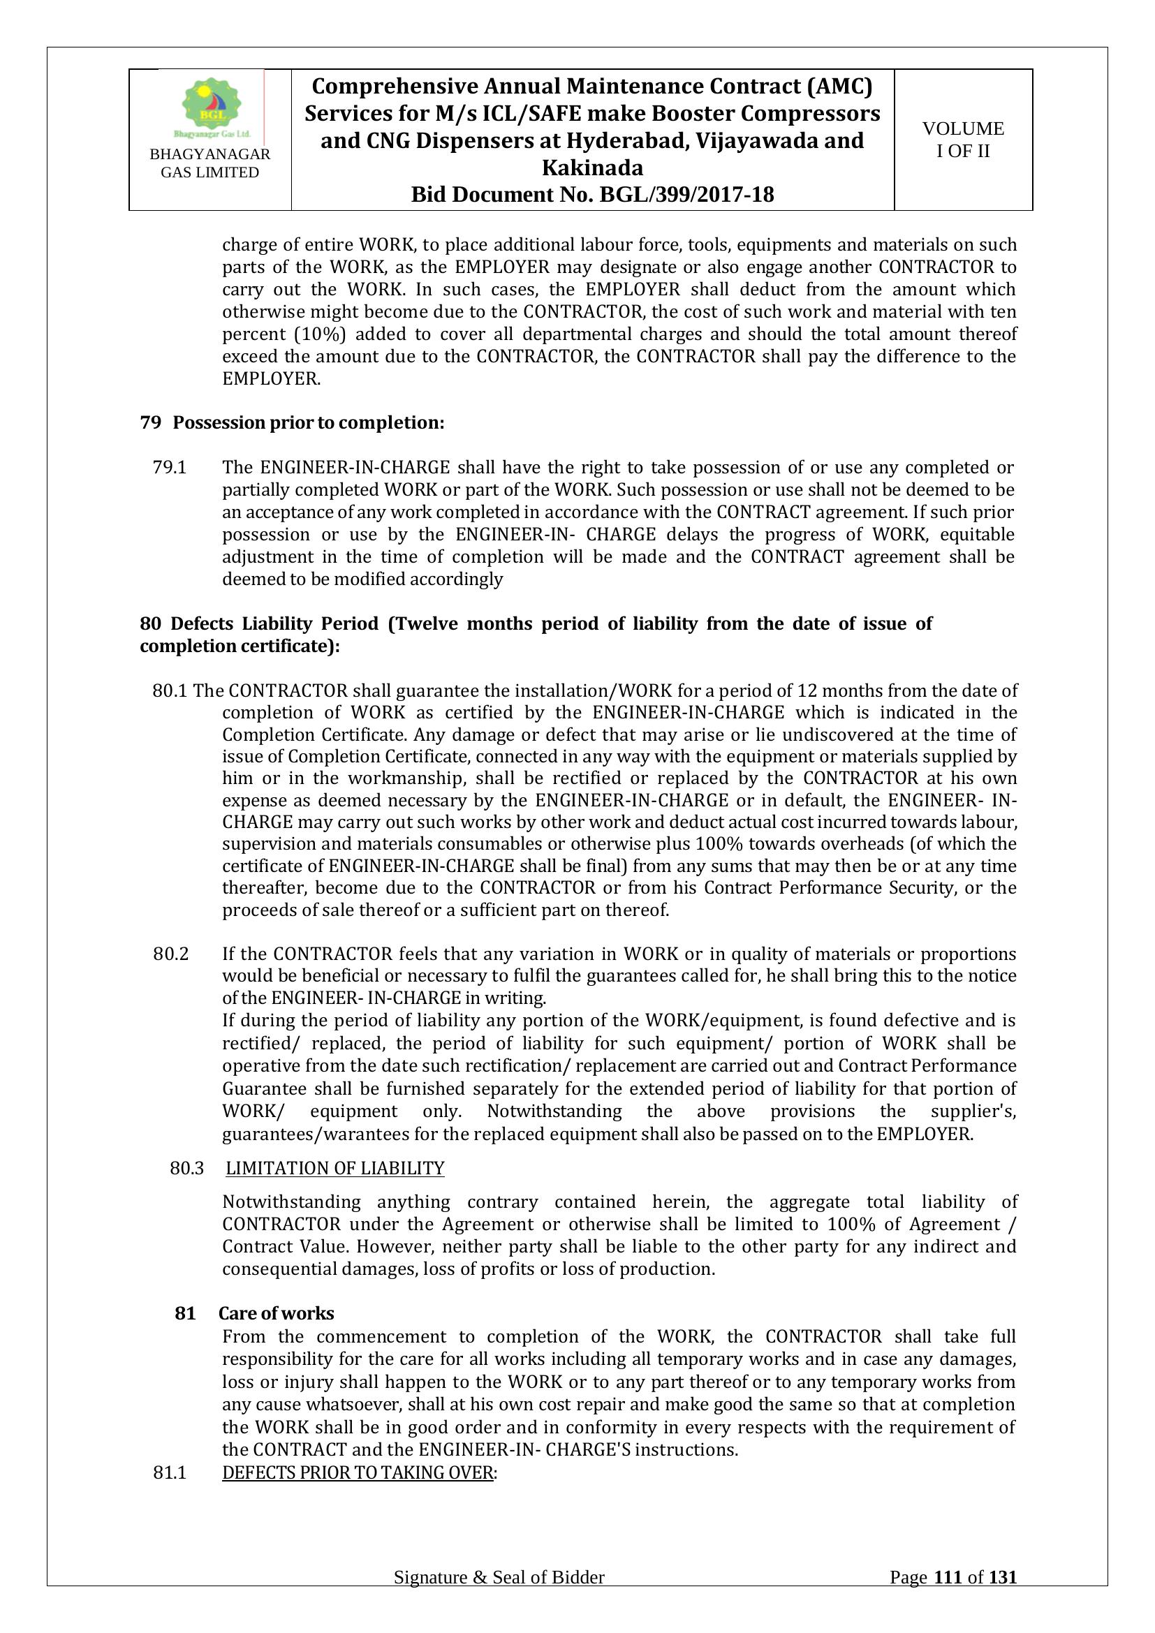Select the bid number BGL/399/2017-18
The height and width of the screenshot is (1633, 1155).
687,195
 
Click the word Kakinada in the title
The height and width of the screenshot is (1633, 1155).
592,168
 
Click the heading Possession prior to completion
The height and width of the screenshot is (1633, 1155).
309,423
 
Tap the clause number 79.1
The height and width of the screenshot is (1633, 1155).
169,467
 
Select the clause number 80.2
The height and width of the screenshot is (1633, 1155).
170,954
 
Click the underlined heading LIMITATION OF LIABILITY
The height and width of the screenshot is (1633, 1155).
335,1169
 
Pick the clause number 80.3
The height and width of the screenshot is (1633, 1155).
187,1169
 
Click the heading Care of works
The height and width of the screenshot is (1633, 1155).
276,1313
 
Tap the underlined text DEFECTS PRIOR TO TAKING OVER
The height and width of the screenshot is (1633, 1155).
358,1472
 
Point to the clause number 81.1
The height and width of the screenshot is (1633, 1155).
170,1472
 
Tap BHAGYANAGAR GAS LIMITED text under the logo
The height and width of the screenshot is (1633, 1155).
209,163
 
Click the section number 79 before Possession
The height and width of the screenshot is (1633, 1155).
150,423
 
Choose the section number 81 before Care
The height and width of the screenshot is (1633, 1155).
185,1313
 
